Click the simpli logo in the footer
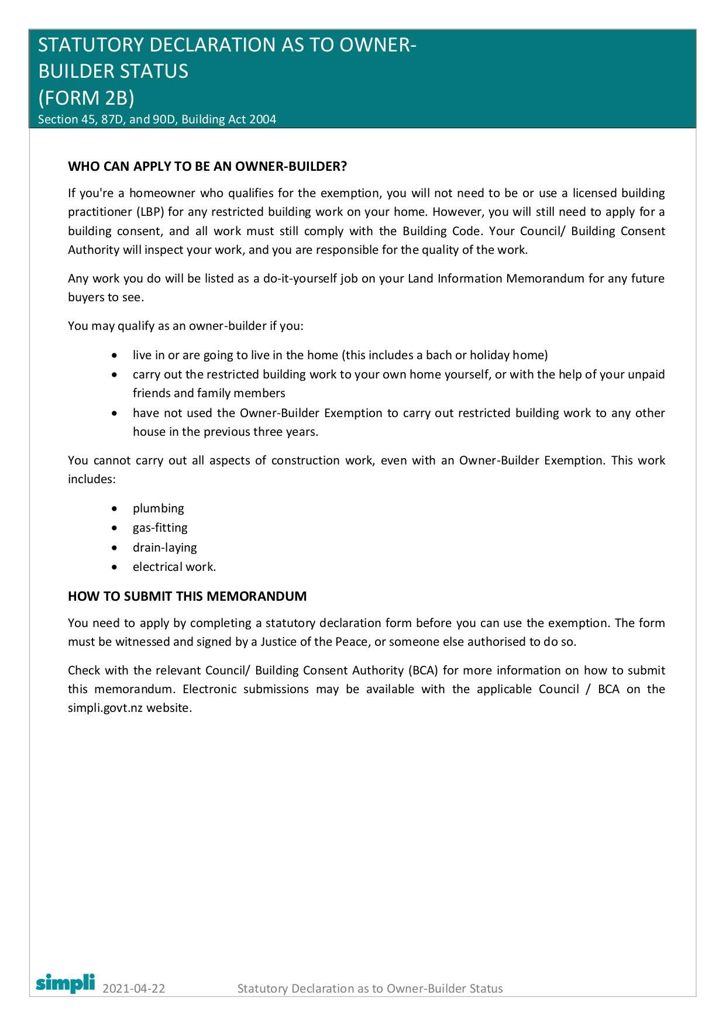(65, 983)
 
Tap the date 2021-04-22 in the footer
(133, 989)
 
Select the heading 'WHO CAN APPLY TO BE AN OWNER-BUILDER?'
(207, 166)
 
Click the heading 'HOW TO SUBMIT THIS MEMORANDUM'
(187, 596)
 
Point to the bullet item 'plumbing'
(158, 508)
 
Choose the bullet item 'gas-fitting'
(160, 528)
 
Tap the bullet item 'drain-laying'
(164, 548)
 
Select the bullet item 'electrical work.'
(174, 567)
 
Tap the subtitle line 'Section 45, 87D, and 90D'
(157, 119)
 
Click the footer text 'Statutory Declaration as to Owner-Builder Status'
(370, 989)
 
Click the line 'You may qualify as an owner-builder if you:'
(185, 326)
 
